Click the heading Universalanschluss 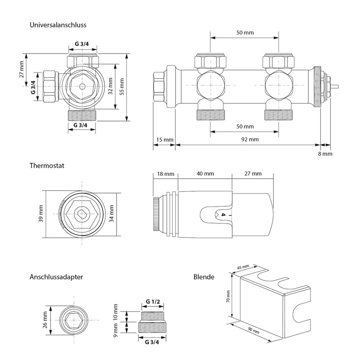click(58, 25)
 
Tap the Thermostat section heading click(47, 166)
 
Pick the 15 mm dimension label click(164, 139)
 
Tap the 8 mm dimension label click(325, 153)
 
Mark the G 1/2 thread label click(154, 301)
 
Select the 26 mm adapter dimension click(45, 320)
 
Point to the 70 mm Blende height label click(228, 297)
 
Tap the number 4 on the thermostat click(222, 215)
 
